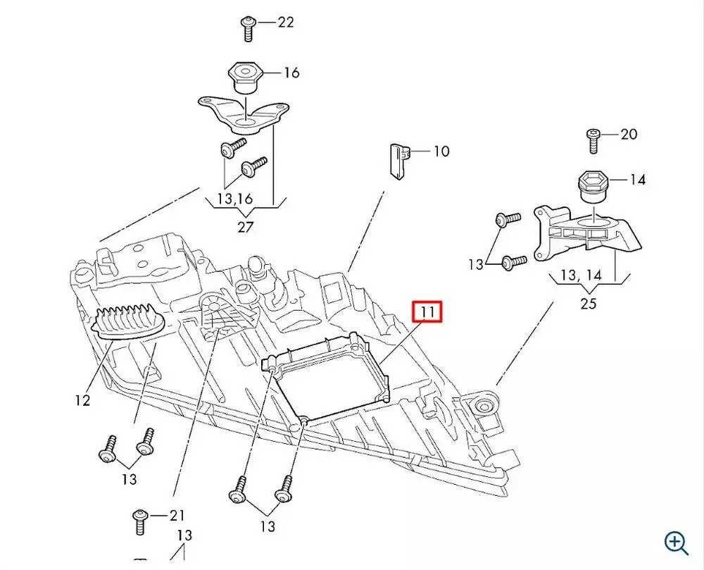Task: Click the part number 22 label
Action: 285,23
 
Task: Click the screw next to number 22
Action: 249,28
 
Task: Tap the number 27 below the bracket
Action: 245,227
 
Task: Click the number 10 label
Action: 441,151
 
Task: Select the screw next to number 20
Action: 593,140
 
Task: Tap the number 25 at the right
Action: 589,304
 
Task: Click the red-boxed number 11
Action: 427,311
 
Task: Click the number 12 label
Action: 82,400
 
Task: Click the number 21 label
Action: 176,515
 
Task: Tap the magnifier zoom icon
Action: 677,542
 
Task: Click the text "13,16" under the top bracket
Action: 235,199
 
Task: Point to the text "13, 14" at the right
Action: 581,274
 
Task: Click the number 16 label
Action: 291,73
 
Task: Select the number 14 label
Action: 637,180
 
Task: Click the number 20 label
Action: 628,134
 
